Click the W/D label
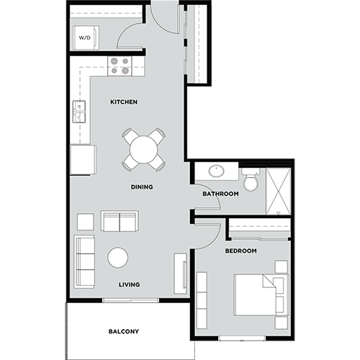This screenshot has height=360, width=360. point(85,37)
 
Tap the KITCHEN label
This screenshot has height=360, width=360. point(124,102)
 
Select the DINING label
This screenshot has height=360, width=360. point(141,187)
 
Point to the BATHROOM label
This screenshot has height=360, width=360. point(220,194)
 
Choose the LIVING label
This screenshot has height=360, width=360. point(130,284)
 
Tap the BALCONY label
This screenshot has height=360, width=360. point(124,332)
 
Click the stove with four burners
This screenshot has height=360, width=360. point(120,66)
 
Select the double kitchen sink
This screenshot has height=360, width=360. point(79,112)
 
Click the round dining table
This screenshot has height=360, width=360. point(143,149)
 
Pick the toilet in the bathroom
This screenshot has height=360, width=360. point(250,180)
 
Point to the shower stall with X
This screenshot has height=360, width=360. point(278,190)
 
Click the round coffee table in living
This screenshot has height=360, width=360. point(118,257)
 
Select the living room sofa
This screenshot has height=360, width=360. point(85,261)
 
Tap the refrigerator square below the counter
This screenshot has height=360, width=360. point(83,159)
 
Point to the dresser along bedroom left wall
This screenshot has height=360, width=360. point(202,298)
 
